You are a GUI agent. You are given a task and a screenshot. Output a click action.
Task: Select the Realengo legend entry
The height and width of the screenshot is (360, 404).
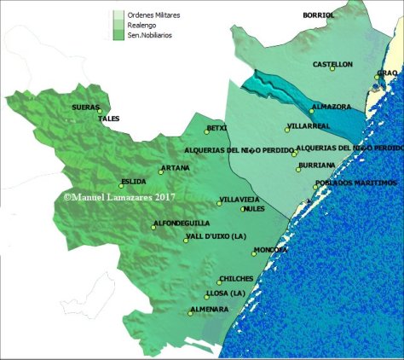coord(143,25)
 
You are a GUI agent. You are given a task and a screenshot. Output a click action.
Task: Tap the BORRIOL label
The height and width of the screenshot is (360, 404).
coord(319,15)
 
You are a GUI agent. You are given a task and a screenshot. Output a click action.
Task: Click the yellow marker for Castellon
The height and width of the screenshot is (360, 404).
coord(332,69)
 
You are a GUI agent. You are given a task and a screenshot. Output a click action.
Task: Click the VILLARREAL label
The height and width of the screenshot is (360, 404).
coord(307,126)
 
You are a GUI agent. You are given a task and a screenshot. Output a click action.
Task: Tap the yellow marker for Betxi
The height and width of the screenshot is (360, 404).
coord(206,132)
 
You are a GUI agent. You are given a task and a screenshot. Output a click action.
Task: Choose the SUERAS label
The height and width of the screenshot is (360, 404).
coord(86,107)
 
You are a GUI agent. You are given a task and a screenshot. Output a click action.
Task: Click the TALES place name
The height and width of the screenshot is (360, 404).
coord(108,119)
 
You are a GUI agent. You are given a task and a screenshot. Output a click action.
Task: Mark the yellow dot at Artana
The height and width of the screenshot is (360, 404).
coord(161,171)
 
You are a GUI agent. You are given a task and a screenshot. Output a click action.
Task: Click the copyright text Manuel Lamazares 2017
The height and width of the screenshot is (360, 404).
coord(118,195)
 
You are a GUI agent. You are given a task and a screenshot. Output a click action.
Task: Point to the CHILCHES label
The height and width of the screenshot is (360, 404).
coord(236,279)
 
